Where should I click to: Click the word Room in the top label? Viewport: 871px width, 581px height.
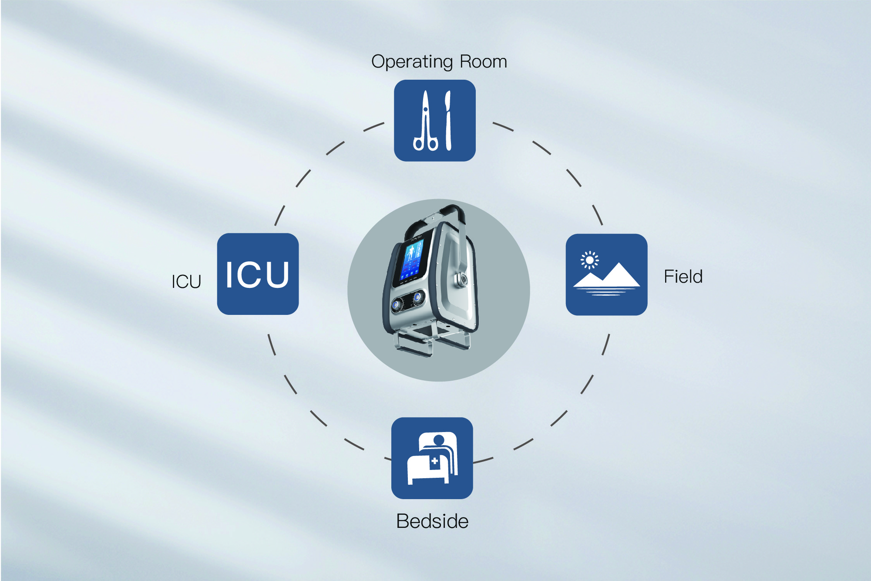tap(483, 61)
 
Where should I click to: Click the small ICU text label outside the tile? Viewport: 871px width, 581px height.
tap(186, 282)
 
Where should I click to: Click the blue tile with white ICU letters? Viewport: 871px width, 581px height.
tap(258, 274)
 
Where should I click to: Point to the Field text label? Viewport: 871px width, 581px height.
tap(683, 277)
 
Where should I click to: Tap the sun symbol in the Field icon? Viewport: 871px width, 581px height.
tap(589, 260)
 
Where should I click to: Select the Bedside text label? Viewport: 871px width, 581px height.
tap(432, 521)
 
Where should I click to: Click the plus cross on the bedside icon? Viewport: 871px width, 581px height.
tap(434, 461)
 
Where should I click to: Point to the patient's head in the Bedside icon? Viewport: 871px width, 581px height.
tap(439, 439)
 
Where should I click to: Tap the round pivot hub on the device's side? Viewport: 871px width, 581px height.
tap(460, 278)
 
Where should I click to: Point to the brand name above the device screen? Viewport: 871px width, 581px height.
tap(416, 238)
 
